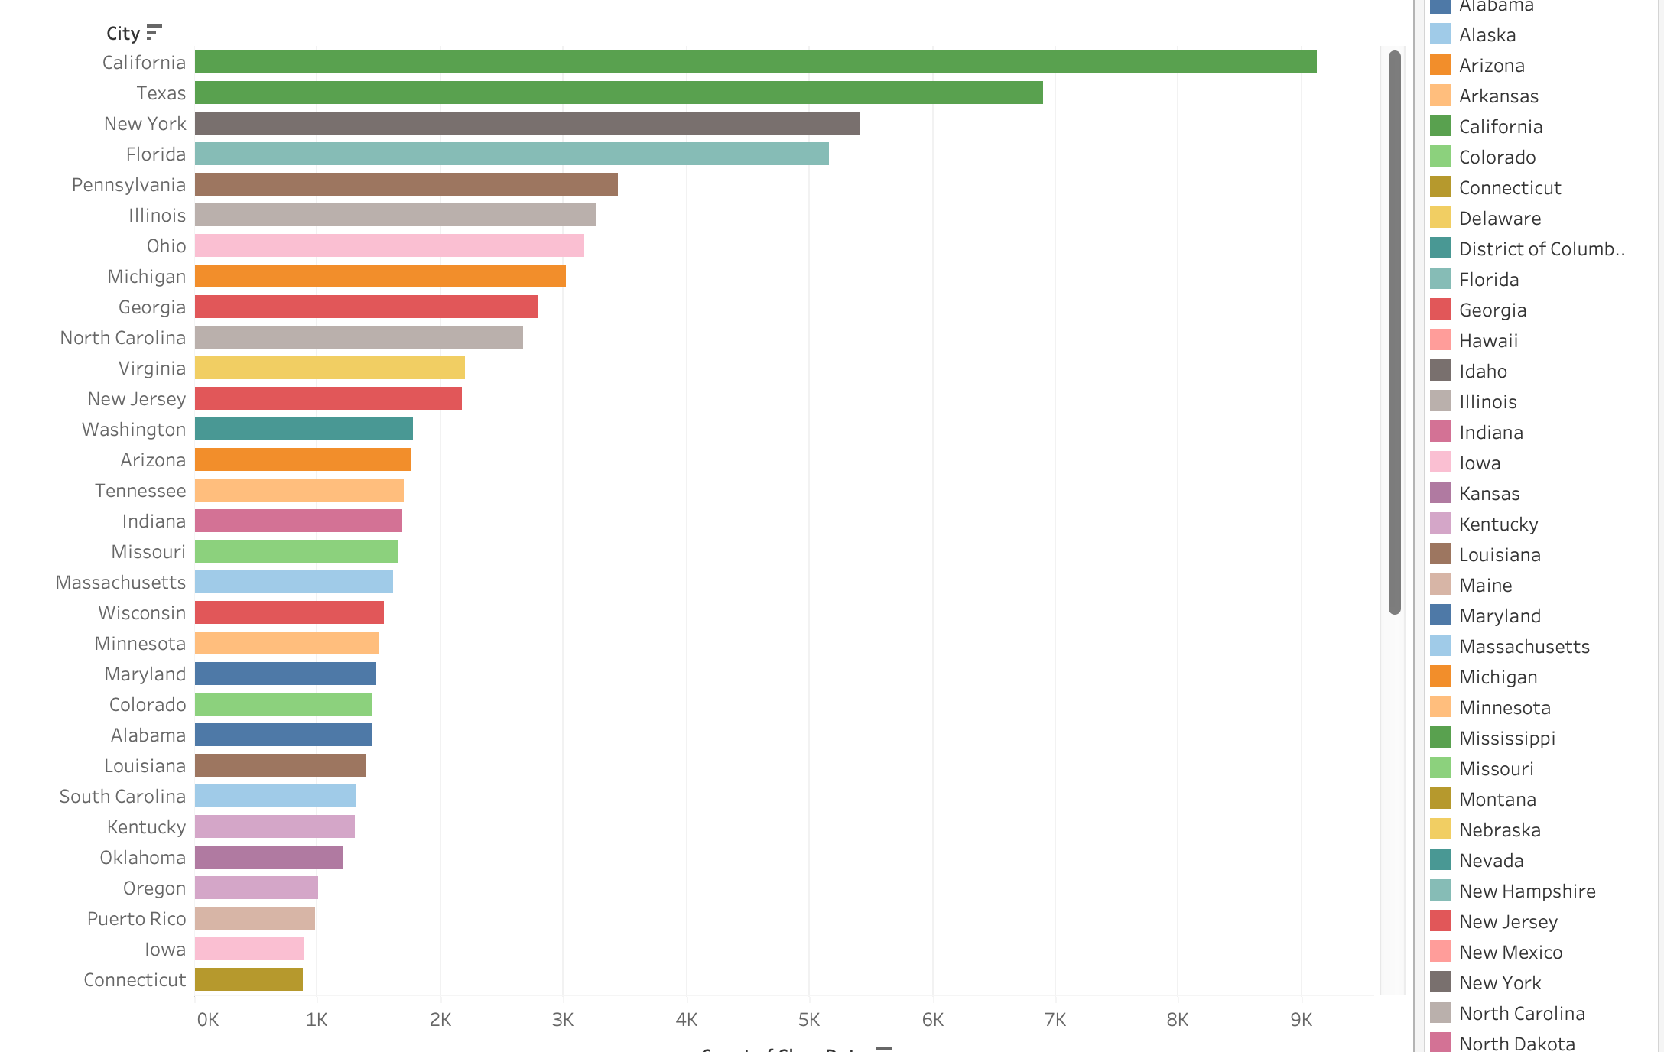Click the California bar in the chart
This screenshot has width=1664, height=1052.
[756, 62]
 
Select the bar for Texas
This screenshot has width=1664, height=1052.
[619, 93]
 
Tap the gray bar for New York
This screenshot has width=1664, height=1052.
[527, 123]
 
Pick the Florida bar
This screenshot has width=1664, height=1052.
[512, 154]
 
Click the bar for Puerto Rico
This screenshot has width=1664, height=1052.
[255, 918]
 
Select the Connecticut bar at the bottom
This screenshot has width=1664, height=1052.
[249, 979]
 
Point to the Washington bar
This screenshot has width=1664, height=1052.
[304, 429]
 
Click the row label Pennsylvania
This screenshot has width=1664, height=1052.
[128, 185]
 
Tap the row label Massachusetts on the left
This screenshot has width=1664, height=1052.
[121, 583]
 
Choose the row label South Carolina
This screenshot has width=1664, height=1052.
[122, 797]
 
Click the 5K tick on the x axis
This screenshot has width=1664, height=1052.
[809, 1019]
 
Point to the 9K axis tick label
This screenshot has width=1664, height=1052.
[1301, 1019]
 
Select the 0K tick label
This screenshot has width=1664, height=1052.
[207, 1019]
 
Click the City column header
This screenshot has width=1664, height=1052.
[122, 34]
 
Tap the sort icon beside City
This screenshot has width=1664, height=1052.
[154, 32]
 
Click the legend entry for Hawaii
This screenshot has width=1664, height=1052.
[1488, 340]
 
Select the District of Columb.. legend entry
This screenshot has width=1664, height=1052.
[1542, 248]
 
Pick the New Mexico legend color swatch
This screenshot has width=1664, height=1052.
[1441, 951]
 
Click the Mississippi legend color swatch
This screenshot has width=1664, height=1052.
[1441, 737]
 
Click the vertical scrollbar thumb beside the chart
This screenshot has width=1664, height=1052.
[1395, 332]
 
